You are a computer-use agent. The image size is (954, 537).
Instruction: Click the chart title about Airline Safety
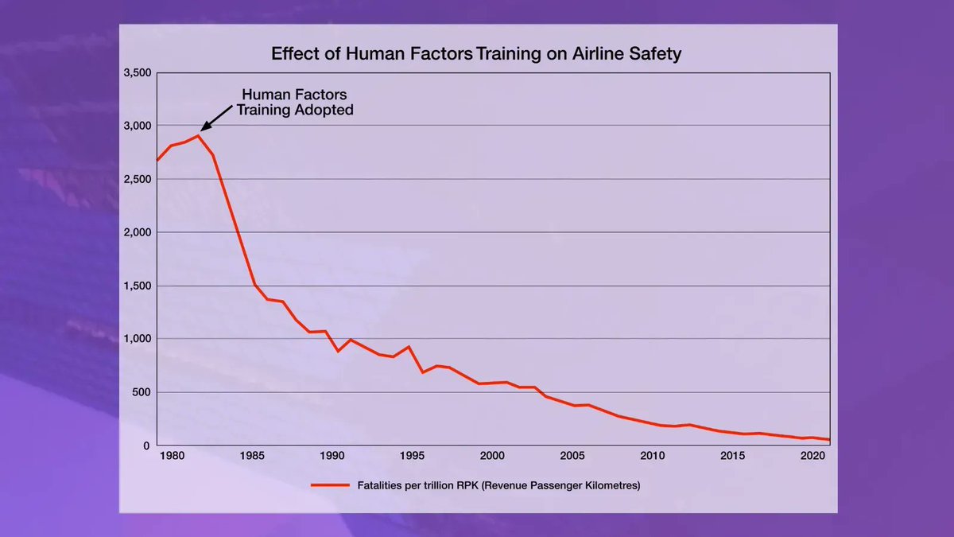[476, 54]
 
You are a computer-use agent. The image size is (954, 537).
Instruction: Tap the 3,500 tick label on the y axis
[137, 72]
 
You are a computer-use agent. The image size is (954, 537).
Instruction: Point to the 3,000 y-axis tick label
[137, 126]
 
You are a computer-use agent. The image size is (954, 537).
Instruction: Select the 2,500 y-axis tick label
[137, 179]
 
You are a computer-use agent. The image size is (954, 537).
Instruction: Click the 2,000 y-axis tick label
[137, 232]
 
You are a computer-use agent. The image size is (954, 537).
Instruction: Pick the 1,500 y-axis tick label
[137, 286]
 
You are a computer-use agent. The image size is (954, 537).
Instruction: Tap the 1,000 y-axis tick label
[137, 339]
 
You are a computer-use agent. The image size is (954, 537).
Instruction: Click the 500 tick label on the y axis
[141, 392]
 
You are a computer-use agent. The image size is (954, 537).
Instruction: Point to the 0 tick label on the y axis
[146, 446]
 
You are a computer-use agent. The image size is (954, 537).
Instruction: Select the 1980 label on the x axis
[172, 457]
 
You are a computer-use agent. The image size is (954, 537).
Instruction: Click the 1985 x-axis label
[252, 457]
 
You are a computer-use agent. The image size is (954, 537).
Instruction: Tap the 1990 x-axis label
[332, 457]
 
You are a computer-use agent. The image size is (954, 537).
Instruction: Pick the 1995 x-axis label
[412, 457]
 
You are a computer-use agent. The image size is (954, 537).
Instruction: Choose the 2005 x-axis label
[572, 457]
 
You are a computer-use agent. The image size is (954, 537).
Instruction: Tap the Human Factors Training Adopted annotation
[294, 103]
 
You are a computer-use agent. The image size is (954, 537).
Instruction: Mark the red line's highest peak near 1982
[198, 136]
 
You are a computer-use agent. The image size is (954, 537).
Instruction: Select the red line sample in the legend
[330, 485]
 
